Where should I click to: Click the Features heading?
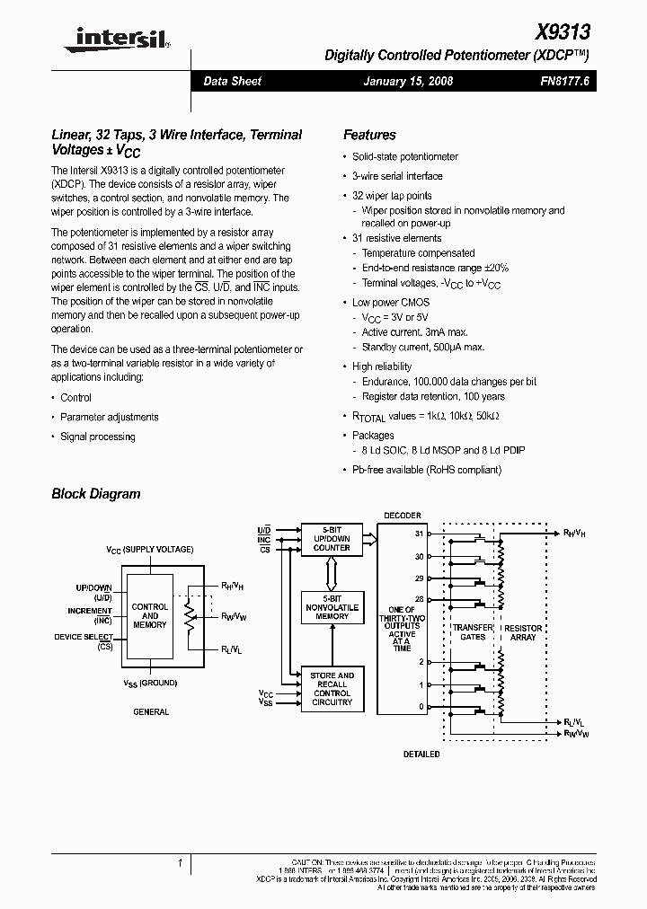tap(369, 135)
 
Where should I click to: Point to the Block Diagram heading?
tap(96, 493)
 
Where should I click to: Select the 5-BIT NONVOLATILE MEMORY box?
tap(332, 606)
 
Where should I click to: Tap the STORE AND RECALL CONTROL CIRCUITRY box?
tap(332, 687)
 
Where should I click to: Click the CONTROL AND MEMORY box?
tap(150, 615)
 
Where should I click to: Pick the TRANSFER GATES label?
tap(473, 631)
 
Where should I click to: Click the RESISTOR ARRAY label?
tap(523, 631)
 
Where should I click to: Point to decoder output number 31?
tap(419, 534)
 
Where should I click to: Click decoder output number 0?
tap(420, 707)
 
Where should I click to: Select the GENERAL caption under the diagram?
tap(151, 711)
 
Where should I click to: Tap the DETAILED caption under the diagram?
tap(421, 754)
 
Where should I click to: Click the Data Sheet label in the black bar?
tap(232, 81)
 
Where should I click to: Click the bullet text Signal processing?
tap(97, 437)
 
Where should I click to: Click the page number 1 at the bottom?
tap(180, 863)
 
